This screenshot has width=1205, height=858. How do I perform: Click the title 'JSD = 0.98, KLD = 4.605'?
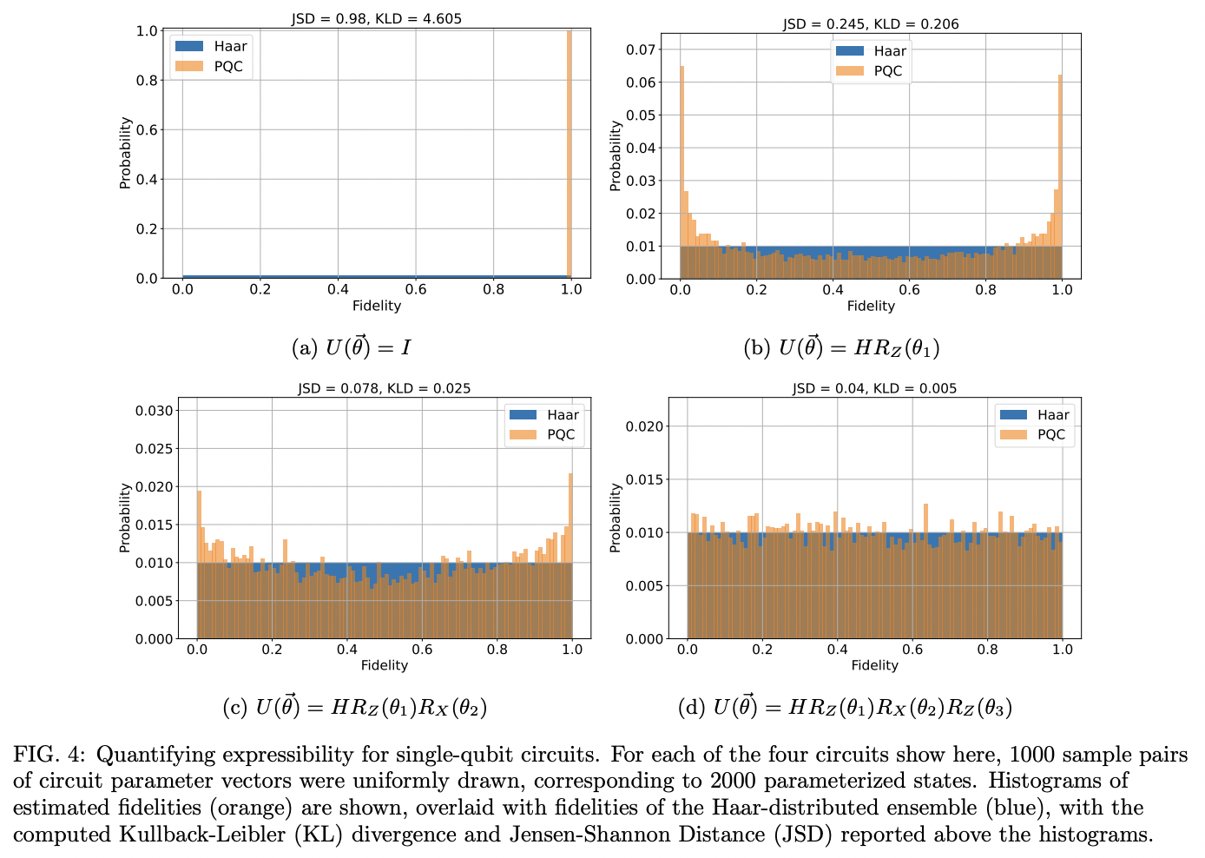click(376, 17)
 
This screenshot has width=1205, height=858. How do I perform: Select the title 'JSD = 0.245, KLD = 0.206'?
click(871, 24)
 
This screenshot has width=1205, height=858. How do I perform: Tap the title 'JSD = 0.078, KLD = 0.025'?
click(384, 388)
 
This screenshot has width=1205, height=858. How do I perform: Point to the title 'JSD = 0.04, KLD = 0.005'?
click(874, 388)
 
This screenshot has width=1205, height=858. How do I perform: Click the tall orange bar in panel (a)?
click(570, 156)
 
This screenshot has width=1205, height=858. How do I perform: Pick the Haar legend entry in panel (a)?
click(213, 47)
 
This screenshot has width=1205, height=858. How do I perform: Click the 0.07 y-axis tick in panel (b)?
click(642, 49)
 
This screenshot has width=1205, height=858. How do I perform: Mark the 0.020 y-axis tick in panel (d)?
click(644, 426)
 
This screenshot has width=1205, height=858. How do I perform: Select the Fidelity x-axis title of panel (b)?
click(871, 306)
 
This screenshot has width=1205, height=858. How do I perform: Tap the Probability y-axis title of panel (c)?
click(125, 518)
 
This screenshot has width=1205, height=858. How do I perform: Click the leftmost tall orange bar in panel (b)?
click(682, 174)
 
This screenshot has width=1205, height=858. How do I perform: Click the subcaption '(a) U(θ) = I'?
click(352, 348)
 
